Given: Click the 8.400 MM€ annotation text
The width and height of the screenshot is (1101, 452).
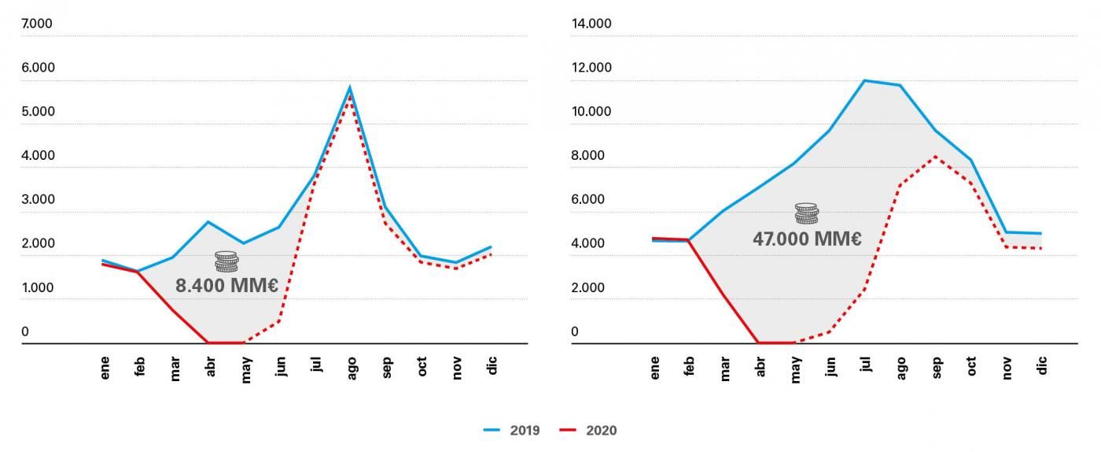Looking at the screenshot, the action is coord(226,286).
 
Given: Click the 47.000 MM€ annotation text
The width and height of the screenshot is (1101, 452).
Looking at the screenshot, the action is coord(807,239).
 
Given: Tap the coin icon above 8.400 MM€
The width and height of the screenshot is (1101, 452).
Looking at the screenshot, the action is coord(226,261).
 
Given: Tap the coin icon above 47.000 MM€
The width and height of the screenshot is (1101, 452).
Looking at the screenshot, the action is coord(807,213).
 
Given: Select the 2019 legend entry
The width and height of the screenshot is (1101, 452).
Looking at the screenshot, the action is coord(512,430).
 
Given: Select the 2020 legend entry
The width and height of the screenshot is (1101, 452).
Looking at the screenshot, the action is coord(588,430).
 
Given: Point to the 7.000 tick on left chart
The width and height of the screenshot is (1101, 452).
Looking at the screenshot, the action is coord(37,23).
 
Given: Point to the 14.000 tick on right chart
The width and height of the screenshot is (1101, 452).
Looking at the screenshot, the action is coord(591,23).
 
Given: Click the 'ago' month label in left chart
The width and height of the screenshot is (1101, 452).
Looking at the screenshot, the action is coord(352,369).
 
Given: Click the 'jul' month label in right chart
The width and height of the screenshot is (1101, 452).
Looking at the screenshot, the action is coord(866,365).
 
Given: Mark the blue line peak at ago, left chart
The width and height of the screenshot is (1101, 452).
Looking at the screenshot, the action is coord(349,87).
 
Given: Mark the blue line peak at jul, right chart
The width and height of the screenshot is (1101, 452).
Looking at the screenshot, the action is coord(864,80).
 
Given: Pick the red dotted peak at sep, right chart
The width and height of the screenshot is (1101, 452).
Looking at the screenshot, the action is coord(935,156).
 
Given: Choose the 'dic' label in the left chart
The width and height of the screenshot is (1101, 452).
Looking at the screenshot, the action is coord(492,365).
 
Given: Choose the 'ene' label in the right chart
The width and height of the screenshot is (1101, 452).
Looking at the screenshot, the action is coord(654,368).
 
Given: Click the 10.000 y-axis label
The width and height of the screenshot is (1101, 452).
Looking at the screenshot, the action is coord(591,111).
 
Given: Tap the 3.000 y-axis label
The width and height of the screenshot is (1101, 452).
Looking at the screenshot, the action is coord(38,199).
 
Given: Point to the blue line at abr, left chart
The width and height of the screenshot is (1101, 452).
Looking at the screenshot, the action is coord(208,222).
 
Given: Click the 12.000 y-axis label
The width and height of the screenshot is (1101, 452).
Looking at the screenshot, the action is coord(591,68).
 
